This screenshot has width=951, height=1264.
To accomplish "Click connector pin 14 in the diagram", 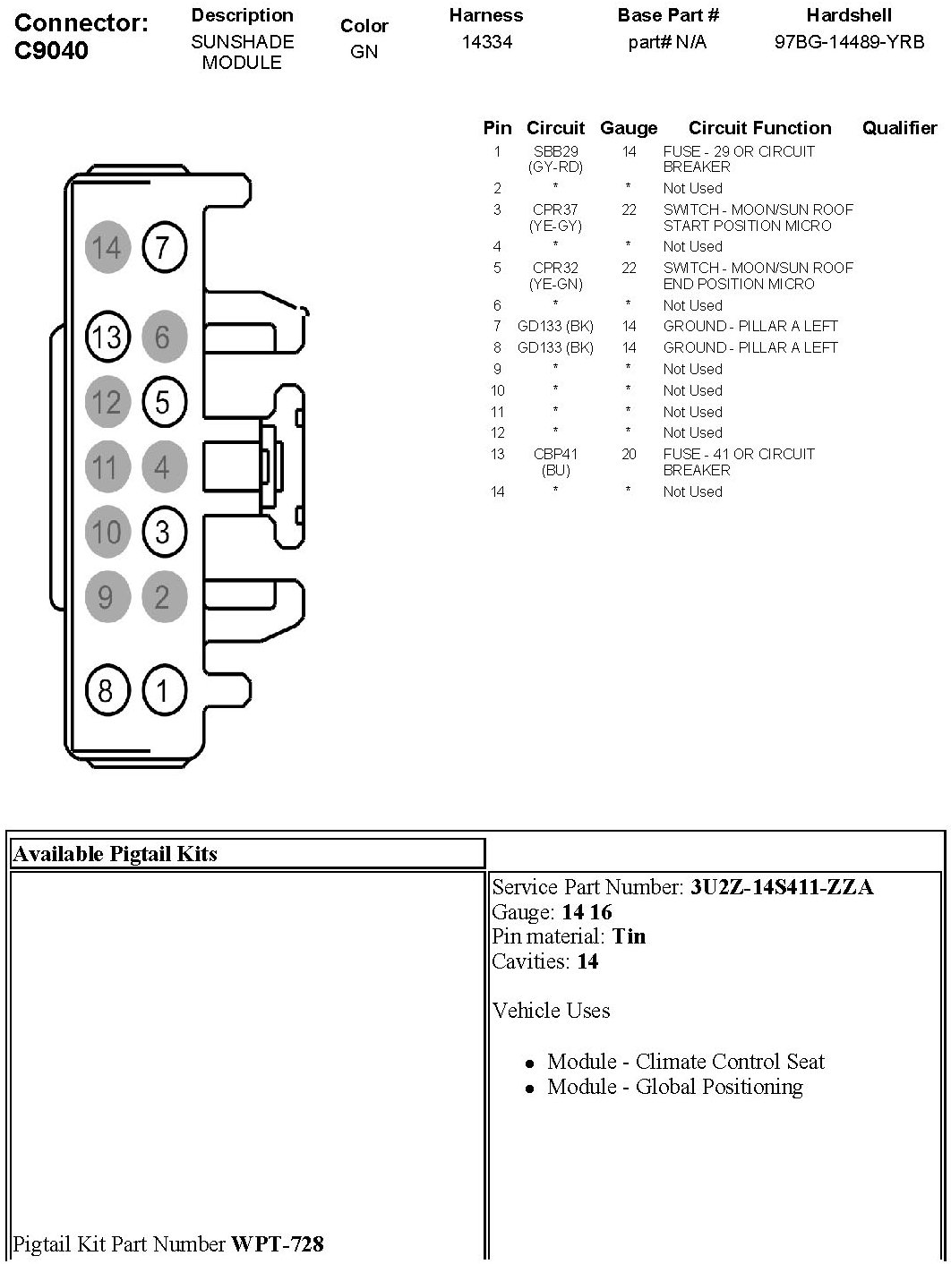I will click(x=107, y=246).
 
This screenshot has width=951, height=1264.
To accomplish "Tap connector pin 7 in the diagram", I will click(x=163, y=246).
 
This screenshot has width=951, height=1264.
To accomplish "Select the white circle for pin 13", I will click(x=107, y=337).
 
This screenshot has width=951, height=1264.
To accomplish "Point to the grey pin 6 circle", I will click(x=163, y=337).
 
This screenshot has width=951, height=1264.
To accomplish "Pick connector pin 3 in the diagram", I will click(x=163, y=533).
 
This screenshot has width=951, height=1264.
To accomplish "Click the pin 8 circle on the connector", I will click(x=107, y=690).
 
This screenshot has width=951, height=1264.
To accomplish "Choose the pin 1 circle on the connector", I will click(x=163, y=690).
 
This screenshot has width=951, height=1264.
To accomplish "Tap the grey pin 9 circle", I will click(x=107, y=596).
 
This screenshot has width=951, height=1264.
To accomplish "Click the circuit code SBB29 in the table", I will click(x=555, y=151).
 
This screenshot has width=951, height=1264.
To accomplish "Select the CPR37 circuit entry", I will click(x=555, y=209).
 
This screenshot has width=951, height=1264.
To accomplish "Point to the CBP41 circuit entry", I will click(x=555, y=454).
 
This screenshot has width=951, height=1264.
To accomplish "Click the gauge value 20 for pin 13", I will click(x=629, y=454).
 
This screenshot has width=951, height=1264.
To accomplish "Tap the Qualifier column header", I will click(x=899, y=128).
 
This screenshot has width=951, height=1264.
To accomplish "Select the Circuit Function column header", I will click(x=759, y=128).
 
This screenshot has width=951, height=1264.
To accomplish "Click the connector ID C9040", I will click(x=52, y=50).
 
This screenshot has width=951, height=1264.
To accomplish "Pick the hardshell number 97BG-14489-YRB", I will click(x=849, y=41).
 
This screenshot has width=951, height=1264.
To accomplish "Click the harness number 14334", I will click(x=486, y=41).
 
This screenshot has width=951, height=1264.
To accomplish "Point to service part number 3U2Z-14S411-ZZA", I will click(x=781, y=887).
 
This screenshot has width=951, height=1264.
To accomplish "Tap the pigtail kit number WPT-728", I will click(x=278, y=1243).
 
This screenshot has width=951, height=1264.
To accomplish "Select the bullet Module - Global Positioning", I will click(x=674, y=1087).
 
